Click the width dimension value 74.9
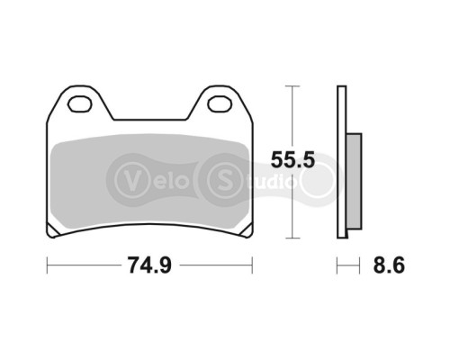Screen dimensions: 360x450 pyautogui.click(x=148, y=265)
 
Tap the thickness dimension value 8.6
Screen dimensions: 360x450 pyautogui.click(x=390, y=265)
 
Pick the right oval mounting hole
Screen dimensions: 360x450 pyautogui.click(x=219, y=104)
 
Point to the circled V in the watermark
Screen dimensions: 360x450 pyautogui.click(x=132, y=175)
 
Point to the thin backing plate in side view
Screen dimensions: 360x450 pyautogui.click(x=341, y=162)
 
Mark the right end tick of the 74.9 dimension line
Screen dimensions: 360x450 pyautogui.click(x=252, y=265)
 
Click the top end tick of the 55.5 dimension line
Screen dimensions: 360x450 pyautogui.click(x=289, y=85)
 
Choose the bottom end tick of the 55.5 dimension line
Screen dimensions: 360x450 pyautogui.click(x=289, y=239)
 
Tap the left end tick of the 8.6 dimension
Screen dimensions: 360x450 pyautogui.click(x=337, y=265)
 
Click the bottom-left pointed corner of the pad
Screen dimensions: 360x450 pyautogui.click(x=53, y=238)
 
